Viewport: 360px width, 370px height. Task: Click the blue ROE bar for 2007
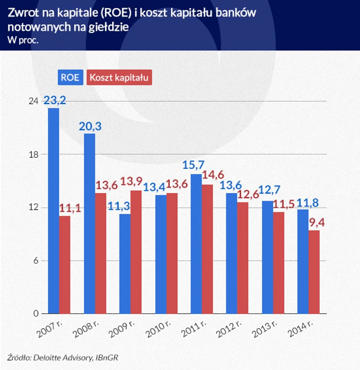(x=54, y=210)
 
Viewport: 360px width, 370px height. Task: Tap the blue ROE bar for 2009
(x=125, y=264)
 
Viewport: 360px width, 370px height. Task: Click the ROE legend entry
(x=70, y=77)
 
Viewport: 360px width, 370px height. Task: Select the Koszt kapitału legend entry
(x=119, y=77)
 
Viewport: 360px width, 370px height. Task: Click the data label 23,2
(x=55, y=100)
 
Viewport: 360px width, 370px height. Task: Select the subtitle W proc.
(x=23, y=39)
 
